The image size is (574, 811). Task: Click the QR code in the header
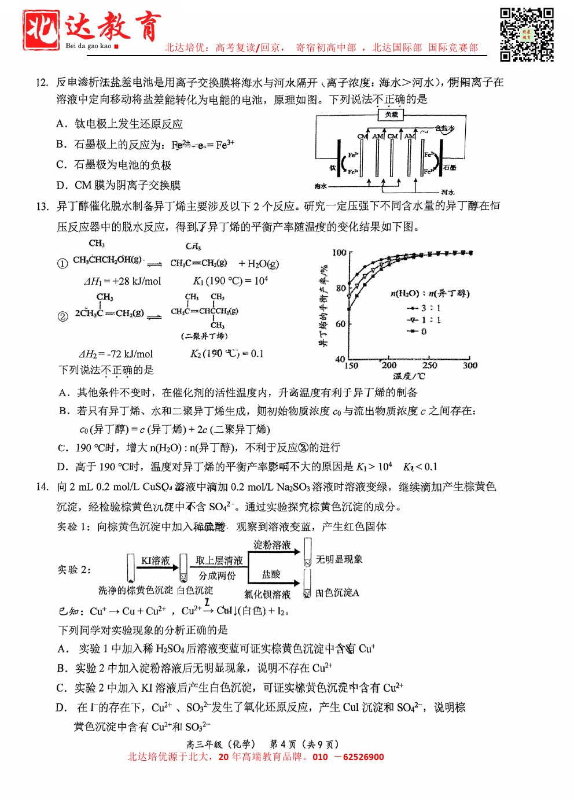tap(527, 34)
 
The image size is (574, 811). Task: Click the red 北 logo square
tap(41, 30)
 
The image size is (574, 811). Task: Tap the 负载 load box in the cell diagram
tap(392, 115)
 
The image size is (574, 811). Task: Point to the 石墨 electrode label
tap(450, 167)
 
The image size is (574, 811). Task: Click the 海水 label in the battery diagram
tap(321, 186)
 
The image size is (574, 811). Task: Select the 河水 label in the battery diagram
tap(448, 191)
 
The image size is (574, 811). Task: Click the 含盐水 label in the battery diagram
tap(444, 128)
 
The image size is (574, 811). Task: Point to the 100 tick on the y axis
tap(339, 252)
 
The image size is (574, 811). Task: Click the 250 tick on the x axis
tap(429, 365)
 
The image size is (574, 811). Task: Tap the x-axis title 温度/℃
tap(409, 376)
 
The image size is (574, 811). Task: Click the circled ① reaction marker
tap(62, 263)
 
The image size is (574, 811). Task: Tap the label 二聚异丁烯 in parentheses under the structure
tap(204, 336)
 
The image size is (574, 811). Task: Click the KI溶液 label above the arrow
tap(156, 560)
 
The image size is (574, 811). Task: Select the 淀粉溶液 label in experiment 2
tap(272, 545)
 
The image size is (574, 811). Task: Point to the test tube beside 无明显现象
tap(307, 552)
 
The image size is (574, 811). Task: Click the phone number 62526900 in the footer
tap(363, 757)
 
